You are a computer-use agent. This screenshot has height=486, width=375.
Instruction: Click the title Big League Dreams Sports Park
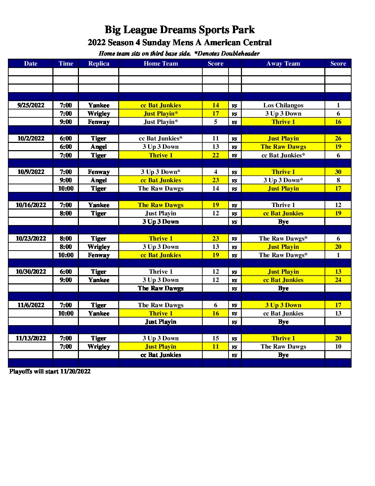180,30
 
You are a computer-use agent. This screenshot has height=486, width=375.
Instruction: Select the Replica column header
99,64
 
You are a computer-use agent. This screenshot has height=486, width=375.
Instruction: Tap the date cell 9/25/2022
31,105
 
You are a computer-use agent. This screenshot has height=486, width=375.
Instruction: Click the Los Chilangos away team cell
283,105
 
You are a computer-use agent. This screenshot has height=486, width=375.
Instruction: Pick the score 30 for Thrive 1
338,172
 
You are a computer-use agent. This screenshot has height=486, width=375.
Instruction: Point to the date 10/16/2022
31,205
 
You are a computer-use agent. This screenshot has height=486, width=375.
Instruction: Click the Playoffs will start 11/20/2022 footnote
50,371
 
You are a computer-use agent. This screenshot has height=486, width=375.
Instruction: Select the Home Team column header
161,64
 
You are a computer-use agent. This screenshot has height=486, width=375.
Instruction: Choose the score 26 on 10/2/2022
338,138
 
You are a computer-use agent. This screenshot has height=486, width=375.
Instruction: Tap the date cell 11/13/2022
31,338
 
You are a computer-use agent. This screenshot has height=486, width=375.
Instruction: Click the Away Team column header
283,64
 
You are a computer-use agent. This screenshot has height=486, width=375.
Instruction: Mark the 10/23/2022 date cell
31,239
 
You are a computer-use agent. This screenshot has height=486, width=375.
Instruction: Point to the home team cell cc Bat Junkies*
161,138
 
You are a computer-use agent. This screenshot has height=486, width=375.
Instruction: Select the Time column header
65,64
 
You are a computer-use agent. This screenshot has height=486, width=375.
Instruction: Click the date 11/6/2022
31,305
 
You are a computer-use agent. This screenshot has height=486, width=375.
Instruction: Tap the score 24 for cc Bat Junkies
338,280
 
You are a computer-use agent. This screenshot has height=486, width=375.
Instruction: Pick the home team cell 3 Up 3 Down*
161,172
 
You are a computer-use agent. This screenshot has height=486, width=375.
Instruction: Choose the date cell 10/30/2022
31,272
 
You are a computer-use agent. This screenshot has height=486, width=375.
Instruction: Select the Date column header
31,64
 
